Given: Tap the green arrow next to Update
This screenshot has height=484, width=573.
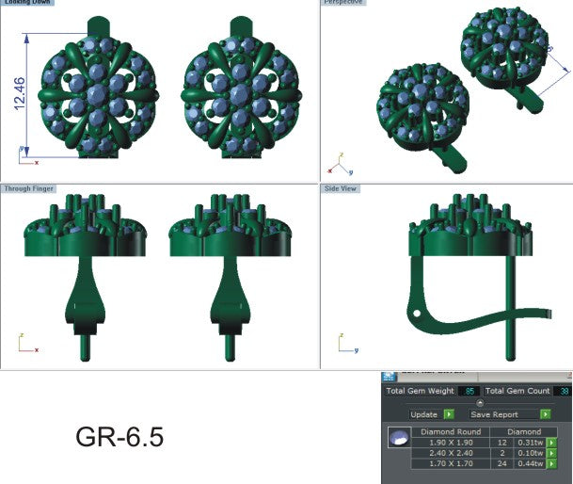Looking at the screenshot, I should (x=449, y=414).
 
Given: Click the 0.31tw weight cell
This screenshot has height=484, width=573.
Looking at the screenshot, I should (x=530, y=443).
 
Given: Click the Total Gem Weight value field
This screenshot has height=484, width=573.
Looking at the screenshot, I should (x=469, y=391).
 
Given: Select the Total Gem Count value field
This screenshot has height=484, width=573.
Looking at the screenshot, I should (x=562, y=391).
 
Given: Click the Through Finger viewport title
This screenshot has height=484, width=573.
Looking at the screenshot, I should (x=29, y=188).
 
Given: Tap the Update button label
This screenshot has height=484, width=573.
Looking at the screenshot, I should (x=423, y=414).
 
